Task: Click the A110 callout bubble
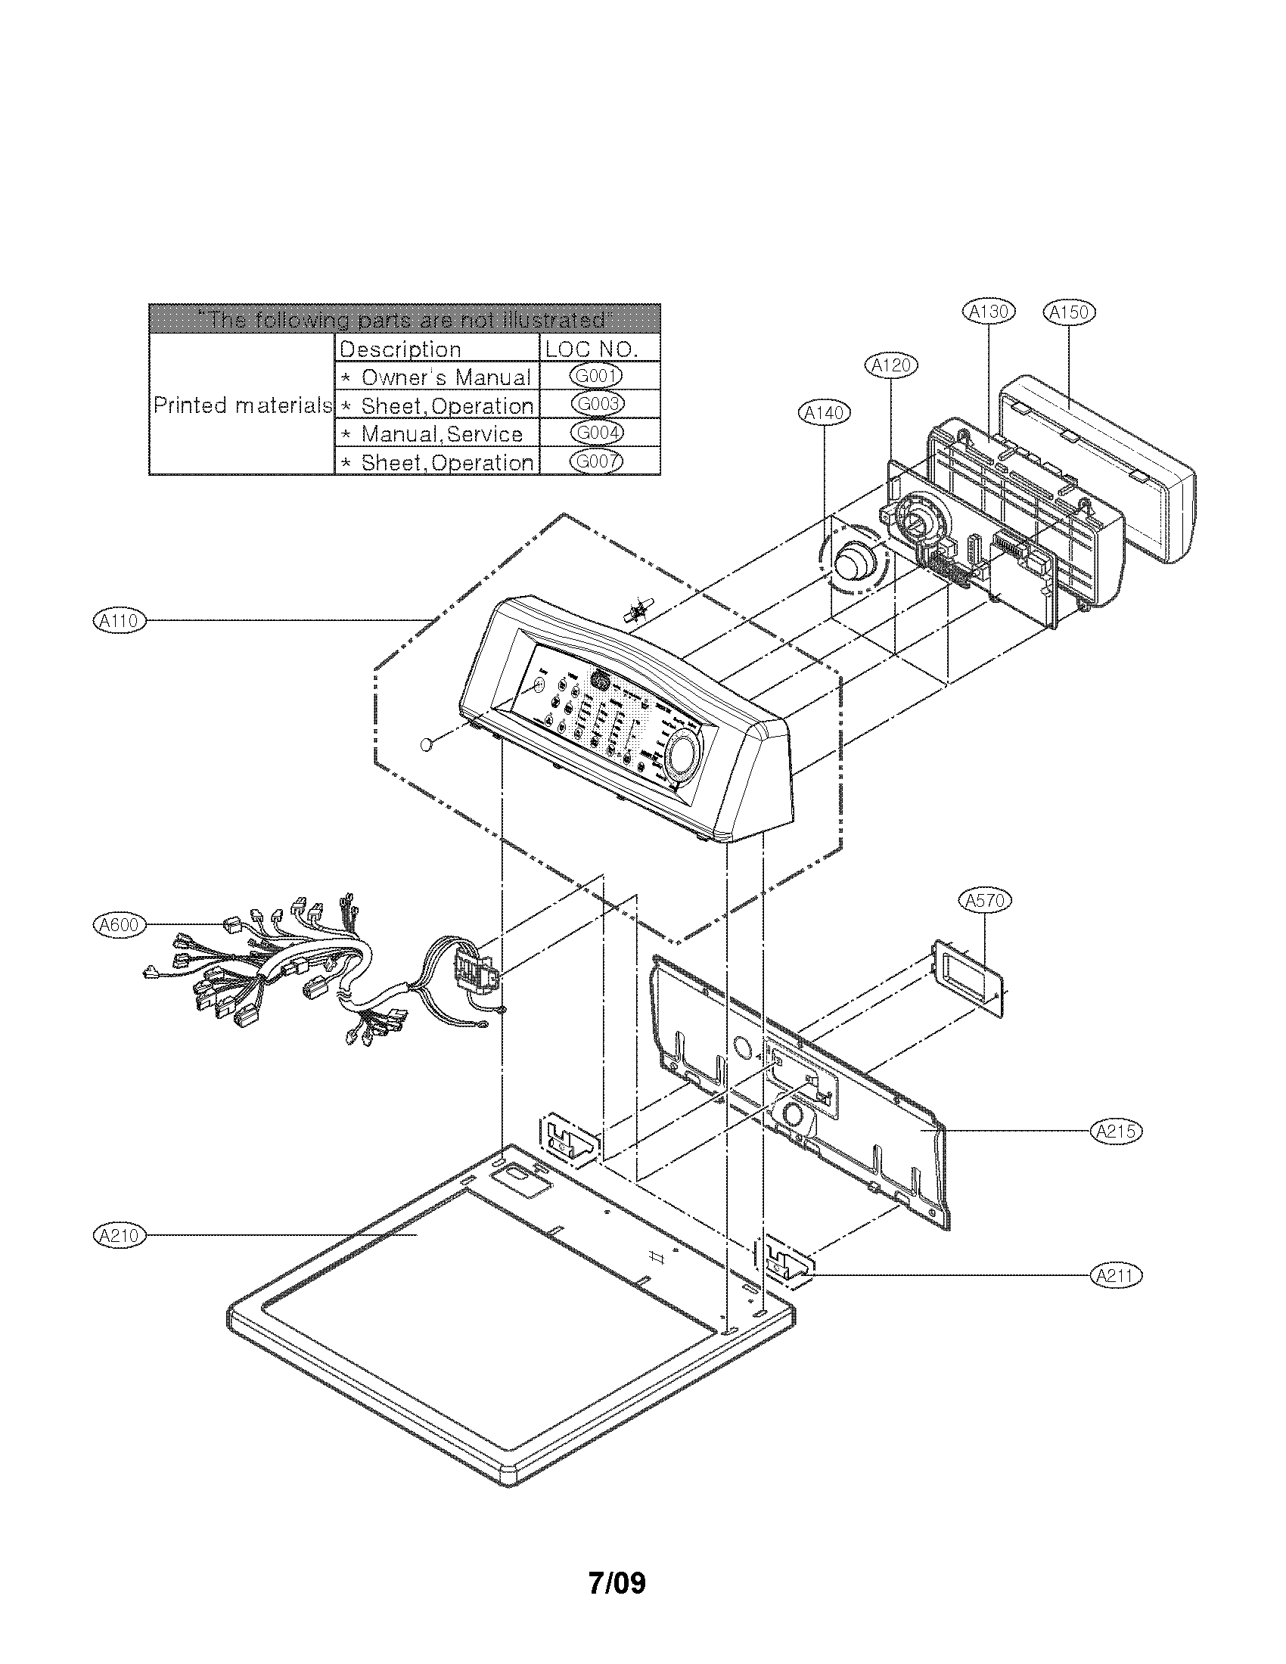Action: click(x=119, y=621)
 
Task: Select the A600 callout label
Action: click(x=119, y=925)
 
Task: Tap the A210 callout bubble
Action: click(x=119, y=1235)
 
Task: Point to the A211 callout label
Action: click(x=1116, y=1275)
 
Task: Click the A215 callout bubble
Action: click(x=1117, y=1132)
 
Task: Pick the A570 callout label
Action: click(x=985, y=901)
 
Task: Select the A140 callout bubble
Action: click(x=825, y=413)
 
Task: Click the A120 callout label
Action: click(x=891, y=365)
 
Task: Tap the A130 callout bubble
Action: click(x=989, y=311)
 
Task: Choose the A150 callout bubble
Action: click(x=1068, y=312)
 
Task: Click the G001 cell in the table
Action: click(x=599, y=376)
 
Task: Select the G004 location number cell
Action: click(x=599, y=433)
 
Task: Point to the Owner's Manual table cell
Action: click(x=437, y=377)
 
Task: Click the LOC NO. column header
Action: click(x=599, y=349)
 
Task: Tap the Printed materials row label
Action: click(x=242, y=405)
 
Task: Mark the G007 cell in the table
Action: click(x=599, y=461)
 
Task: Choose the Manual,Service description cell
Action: click(x=437, y=434)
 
